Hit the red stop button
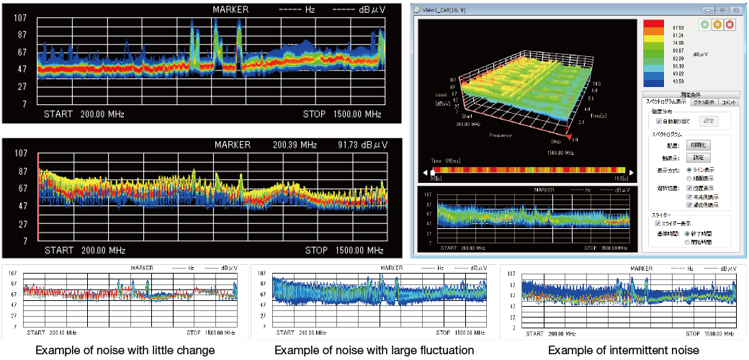coord(730,24)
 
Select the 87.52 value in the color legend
coord(678,27)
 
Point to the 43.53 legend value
coord(678,81)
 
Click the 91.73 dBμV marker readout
coord(362,145)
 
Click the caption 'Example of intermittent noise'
coord(623,351)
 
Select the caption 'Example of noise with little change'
coord(125,351)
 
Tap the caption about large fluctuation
coord(374,351)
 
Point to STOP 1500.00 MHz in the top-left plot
coord(343,114)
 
